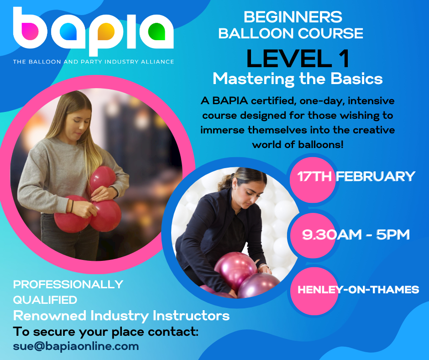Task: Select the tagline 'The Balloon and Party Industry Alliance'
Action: tap(93, 62)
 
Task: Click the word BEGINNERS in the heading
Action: tap(293, 17)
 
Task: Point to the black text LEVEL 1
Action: tap(298, 58)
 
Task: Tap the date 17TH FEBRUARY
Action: tap(356, 176)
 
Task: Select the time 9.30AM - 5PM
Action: tap(356, 235)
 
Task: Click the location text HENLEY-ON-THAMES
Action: tap(358, 290)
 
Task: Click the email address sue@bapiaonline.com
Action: tap(76, 346)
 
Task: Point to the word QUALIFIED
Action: tap(45, 300)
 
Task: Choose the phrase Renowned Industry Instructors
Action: tap(121, 316)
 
